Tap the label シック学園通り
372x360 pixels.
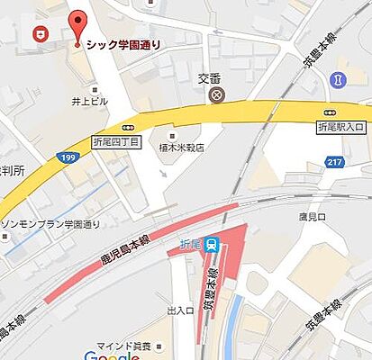coord(124,42)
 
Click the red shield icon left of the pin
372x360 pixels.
coord(40,35)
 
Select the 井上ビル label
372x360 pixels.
coord(91,101)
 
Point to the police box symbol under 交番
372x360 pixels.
coord(215,94)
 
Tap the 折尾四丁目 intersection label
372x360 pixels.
coord(116,143)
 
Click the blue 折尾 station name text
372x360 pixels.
coord(190,243)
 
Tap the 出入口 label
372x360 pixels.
coord(180,310)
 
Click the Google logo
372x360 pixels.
coord(112,355)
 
